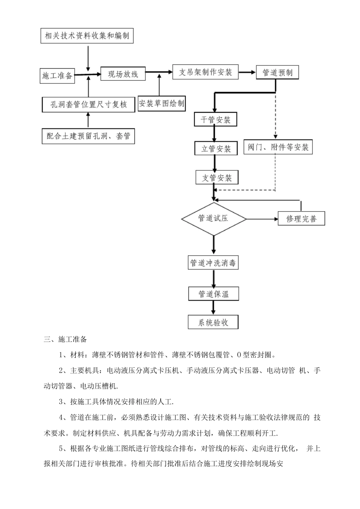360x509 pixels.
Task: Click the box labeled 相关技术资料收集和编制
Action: (x=87, y=36)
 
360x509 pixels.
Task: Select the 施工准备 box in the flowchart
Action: (x=57, y=75)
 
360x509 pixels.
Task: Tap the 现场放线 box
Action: (x=123, y=74)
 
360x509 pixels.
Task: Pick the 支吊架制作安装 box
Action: (x=205, y=72)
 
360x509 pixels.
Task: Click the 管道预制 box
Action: (x=277, y=72)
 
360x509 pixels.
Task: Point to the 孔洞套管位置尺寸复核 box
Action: (x=88, y=105)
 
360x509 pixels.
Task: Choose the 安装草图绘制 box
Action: (x=162, y=103)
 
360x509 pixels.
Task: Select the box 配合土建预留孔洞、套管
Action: (x=88, y=136)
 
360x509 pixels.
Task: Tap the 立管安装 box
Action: (x=216, y=148)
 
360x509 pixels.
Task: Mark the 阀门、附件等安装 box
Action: (x=278, y=147)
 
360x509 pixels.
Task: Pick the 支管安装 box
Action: (x=217, y=178)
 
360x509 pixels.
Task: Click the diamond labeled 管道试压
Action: (x=214, y=219)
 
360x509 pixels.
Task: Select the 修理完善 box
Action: (x=301, y=219)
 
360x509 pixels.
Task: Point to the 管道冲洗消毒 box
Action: (x=214, y=263)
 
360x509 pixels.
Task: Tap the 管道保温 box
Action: (x=214, y=294)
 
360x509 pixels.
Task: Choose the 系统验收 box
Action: (x=213, y=322)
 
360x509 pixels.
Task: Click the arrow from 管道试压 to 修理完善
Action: (x=262, y=219)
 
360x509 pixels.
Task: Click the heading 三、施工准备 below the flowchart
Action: (x=65, y=339)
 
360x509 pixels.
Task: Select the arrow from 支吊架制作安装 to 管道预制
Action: (x=247, y=72)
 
